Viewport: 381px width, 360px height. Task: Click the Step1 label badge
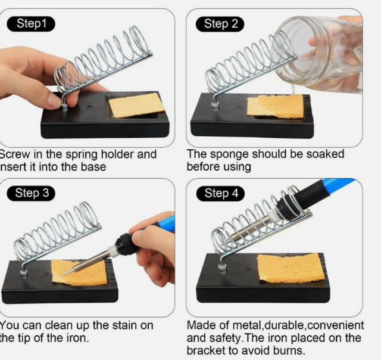31,24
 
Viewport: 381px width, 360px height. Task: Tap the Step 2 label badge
220,24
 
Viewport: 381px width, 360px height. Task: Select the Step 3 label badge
31,193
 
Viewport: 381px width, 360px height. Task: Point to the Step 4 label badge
220,194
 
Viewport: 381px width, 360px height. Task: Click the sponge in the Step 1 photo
136,105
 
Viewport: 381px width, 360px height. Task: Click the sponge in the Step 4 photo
291,268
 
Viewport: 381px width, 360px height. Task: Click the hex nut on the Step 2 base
215,105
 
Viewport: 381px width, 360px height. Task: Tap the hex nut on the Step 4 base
222,268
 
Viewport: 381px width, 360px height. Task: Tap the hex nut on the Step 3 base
23,272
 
